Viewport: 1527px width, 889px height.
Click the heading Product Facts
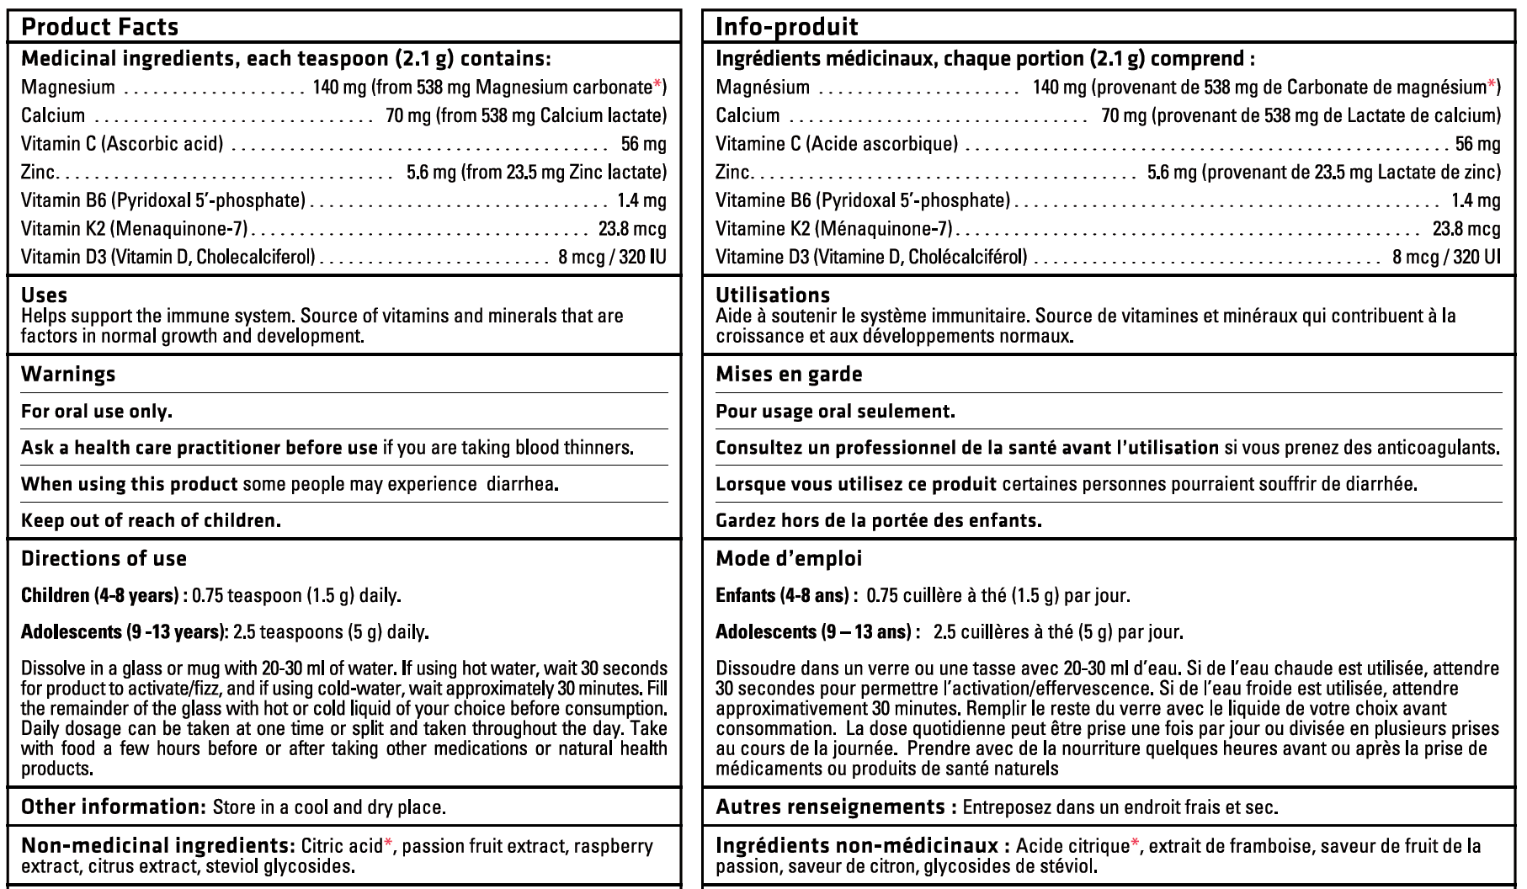pyautogui.click(x=99, y=27)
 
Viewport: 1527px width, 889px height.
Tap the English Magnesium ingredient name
pyautogui.click(x=67, y=87)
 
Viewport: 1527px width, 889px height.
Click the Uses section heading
pyautogui.click(x=44, y=295)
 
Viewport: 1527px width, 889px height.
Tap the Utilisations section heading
pyautogui.click(x=772, y=295)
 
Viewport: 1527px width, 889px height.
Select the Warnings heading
pyautogui.click(x=68, y=375)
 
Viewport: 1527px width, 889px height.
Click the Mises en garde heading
pyautogui.click(x=789, y=375)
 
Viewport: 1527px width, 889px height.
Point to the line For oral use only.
pyautogui.click(x=96, y=412)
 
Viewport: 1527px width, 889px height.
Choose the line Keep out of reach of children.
pyautogui.click(x=151, y=520)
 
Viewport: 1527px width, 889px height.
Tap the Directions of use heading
pyautogui.click(x=104, y=559)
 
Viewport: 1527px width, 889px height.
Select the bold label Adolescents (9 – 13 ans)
pyautogui.click(x=813, y=631)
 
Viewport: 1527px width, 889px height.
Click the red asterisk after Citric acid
pyautogui.click(x=388, y=844)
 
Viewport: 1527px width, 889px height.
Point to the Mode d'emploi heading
pyautogui.click(x=789, y=559)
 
